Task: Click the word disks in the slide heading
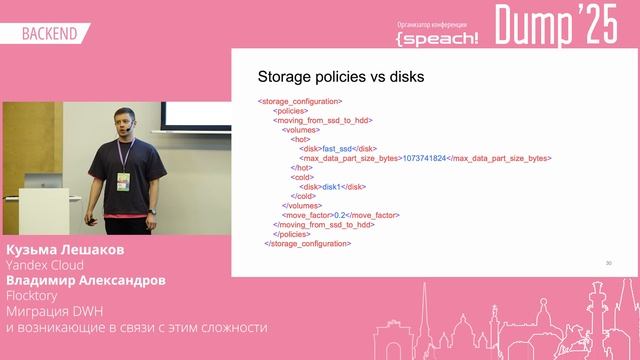point(403,77)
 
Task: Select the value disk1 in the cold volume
point(332,186)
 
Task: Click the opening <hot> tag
point(300,139)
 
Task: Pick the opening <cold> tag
point(301,177)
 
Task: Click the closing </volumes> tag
point(299,205)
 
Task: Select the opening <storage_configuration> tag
point(300,101)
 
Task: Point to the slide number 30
point(608,263)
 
